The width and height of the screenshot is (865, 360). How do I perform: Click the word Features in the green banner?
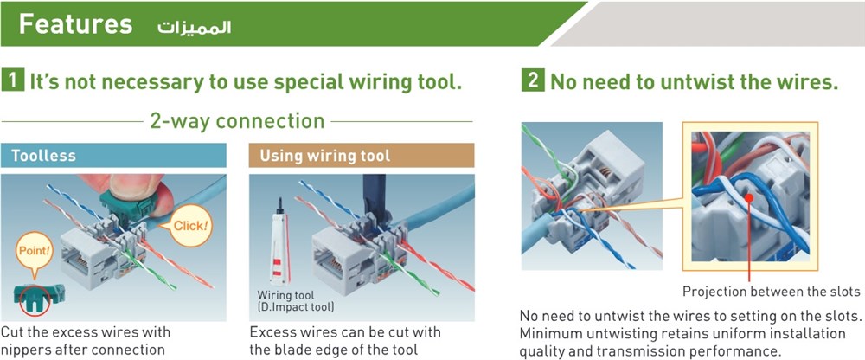click(75, 25)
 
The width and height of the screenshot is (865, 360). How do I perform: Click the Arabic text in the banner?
click(194, 28)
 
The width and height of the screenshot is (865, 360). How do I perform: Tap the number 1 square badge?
click(13, 81)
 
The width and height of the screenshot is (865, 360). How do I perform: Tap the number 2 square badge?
click(532, 81)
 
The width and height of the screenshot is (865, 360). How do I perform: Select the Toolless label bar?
click(113, 155)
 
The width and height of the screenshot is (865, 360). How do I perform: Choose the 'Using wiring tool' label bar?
click(362, 155)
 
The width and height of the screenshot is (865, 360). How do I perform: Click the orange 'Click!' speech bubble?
click(191, 226)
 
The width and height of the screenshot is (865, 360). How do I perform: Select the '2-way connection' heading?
click(237, 121)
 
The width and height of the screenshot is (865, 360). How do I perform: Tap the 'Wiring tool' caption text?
click(285, 295)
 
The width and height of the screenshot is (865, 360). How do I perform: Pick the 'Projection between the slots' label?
click(772, 291)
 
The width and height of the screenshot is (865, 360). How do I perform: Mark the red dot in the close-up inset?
click(749, 197)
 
